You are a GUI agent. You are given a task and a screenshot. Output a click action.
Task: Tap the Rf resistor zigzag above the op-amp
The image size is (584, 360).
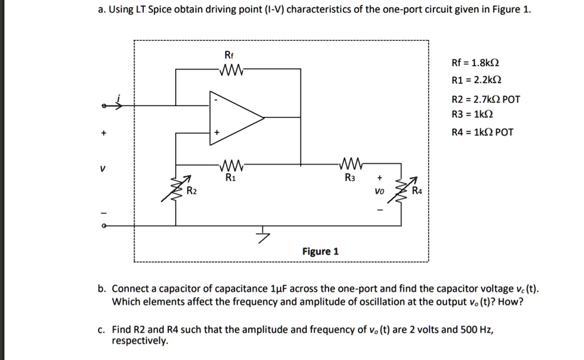(x=229, y=71)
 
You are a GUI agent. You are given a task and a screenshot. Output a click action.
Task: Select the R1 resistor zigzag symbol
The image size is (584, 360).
(x=229, y=167)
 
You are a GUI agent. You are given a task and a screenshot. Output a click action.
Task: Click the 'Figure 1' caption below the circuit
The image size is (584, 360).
(x=320, y=252)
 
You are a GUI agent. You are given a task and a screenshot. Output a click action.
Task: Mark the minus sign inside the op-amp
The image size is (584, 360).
(x=215, y=100)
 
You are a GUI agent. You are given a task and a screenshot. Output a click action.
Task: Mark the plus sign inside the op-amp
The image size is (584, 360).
(x=216, y=132)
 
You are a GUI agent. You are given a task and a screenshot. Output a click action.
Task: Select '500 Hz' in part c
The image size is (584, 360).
(x=476, y=330)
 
